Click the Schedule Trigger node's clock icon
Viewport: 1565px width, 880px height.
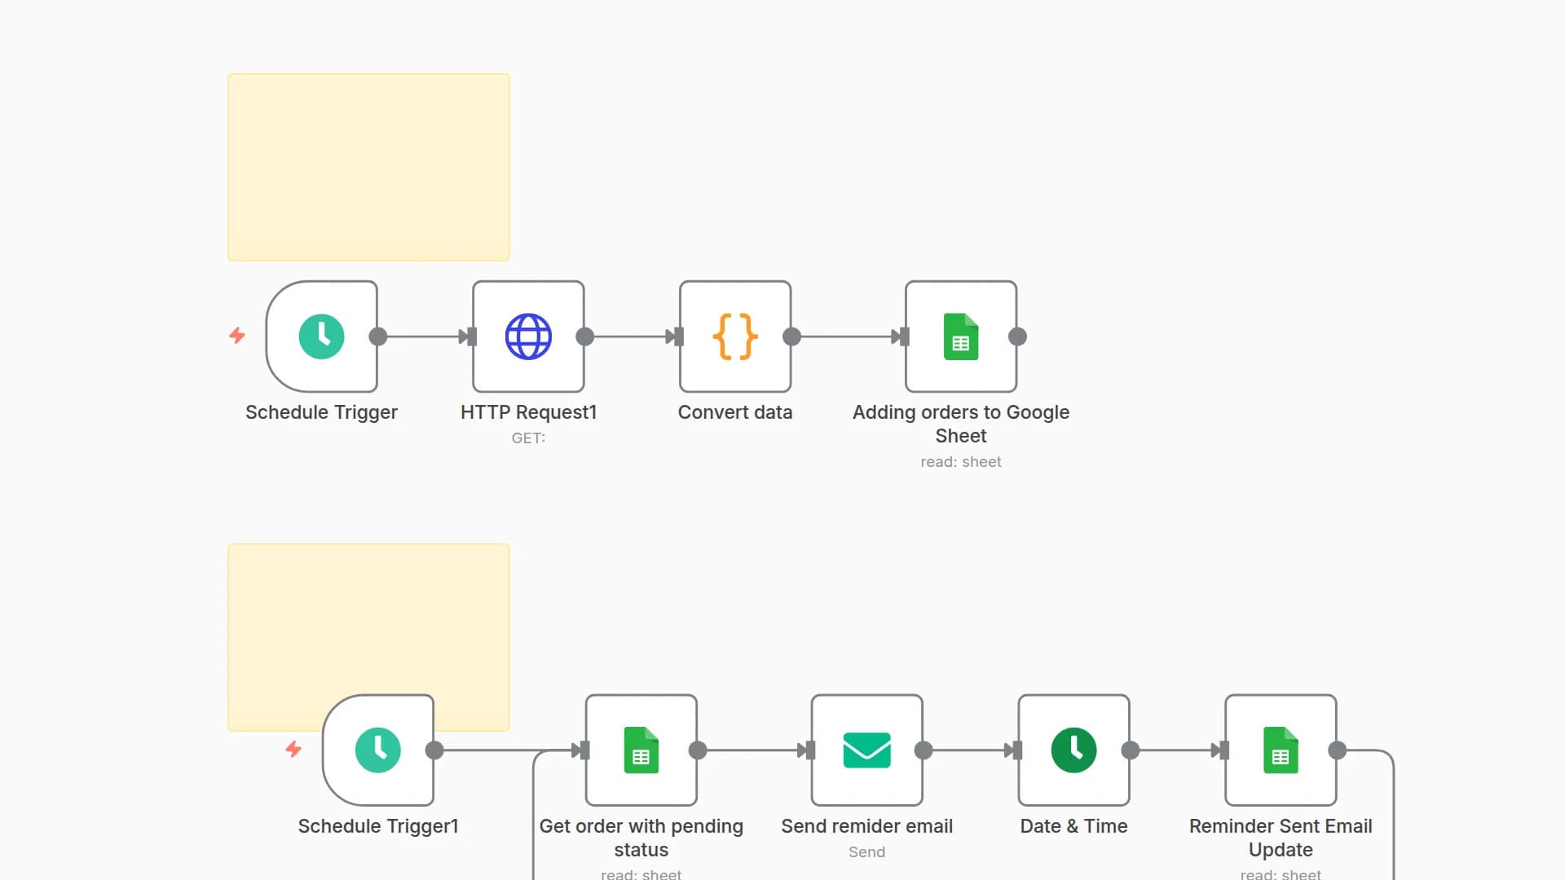321,337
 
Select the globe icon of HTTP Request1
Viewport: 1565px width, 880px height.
528,337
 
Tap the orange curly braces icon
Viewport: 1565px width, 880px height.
735,337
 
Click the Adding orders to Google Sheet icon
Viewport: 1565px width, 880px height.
961,337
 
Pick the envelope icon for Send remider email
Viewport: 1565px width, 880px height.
866,750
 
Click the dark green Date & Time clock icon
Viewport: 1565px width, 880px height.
1073,750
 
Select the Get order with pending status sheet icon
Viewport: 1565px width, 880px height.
641,750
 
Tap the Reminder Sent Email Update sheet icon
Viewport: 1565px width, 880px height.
1281,750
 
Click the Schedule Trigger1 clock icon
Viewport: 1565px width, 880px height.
377,750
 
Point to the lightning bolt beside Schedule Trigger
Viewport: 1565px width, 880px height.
237,336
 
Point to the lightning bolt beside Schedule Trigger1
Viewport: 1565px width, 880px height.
293,749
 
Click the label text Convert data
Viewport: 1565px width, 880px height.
735,412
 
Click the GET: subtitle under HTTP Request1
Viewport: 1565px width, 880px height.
528,438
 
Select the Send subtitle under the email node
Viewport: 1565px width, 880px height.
866,852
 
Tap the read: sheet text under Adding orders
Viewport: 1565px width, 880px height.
961,462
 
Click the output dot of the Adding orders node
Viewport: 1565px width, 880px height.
1017,337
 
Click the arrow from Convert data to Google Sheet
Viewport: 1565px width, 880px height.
848,337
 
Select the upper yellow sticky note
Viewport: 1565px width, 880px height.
368,167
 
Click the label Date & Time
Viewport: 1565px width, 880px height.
1073,826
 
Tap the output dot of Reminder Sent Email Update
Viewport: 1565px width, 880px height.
1338,750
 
